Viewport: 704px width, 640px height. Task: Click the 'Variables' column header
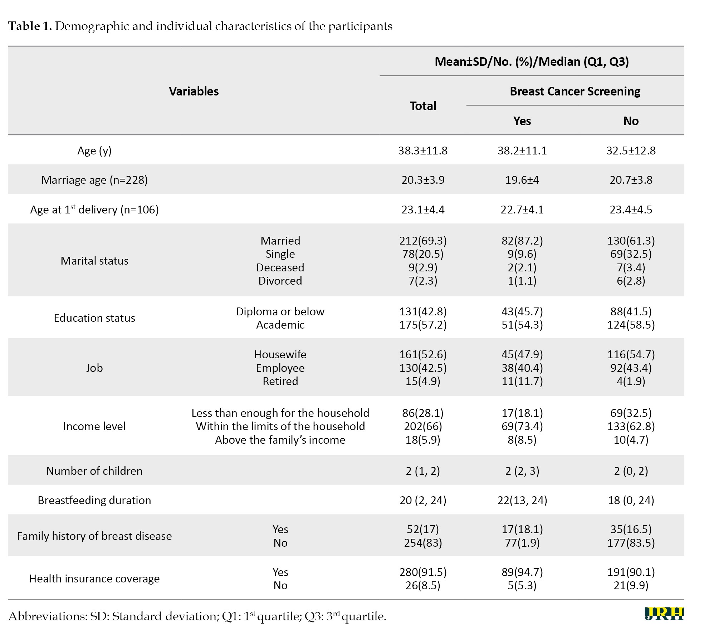click(194, 91)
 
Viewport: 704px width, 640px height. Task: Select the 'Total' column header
click(423, 106)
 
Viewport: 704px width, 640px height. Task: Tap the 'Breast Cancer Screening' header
click(575, 91)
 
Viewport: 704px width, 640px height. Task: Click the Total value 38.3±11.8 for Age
click(423, 151)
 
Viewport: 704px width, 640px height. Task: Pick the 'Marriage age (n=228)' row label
click(94, 180)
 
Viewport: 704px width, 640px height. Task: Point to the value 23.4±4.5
click(631, 210)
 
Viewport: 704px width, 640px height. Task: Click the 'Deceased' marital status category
click(280, 267)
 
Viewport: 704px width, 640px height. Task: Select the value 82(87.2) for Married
click(522, 241)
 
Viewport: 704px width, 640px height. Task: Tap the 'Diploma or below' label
click(280, 311)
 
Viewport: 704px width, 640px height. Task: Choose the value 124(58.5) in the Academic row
click(631, 325)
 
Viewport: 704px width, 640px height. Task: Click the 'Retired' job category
click(280, 381)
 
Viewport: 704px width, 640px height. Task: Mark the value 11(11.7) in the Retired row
click(522, 381)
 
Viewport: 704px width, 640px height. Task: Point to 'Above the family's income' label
click(280, 440)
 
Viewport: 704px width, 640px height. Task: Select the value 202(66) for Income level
click(423, 426)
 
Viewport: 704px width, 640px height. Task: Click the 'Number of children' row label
click(94, 471)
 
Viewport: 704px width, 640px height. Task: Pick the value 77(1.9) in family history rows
click(522, 543)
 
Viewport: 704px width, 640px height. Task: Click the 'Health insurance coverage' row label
click(94, 579)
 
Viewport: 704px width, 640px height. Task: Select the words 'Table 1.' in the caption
click(30, 26)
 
